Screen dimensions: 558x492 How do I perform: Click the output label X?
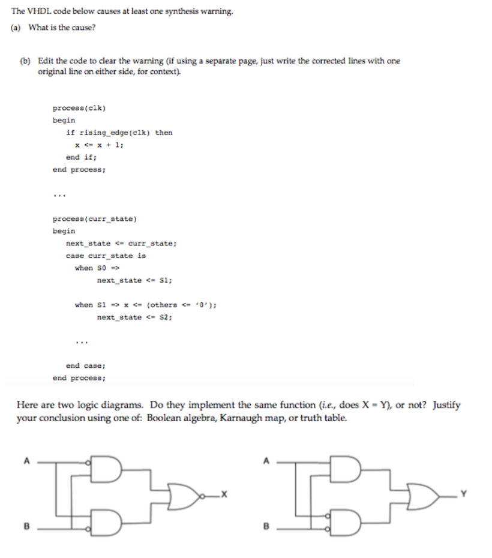pos(224,494)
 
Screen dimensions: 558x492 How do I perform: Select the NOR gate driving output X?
pos(182,494)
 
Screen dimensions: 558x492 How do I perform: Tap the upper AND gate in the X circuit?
pos(107,470)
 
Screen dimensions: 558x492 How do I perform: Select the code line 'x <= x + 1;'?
pos(98,145)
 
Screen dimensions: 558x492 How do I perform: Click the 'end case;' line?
pos(86,365)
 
